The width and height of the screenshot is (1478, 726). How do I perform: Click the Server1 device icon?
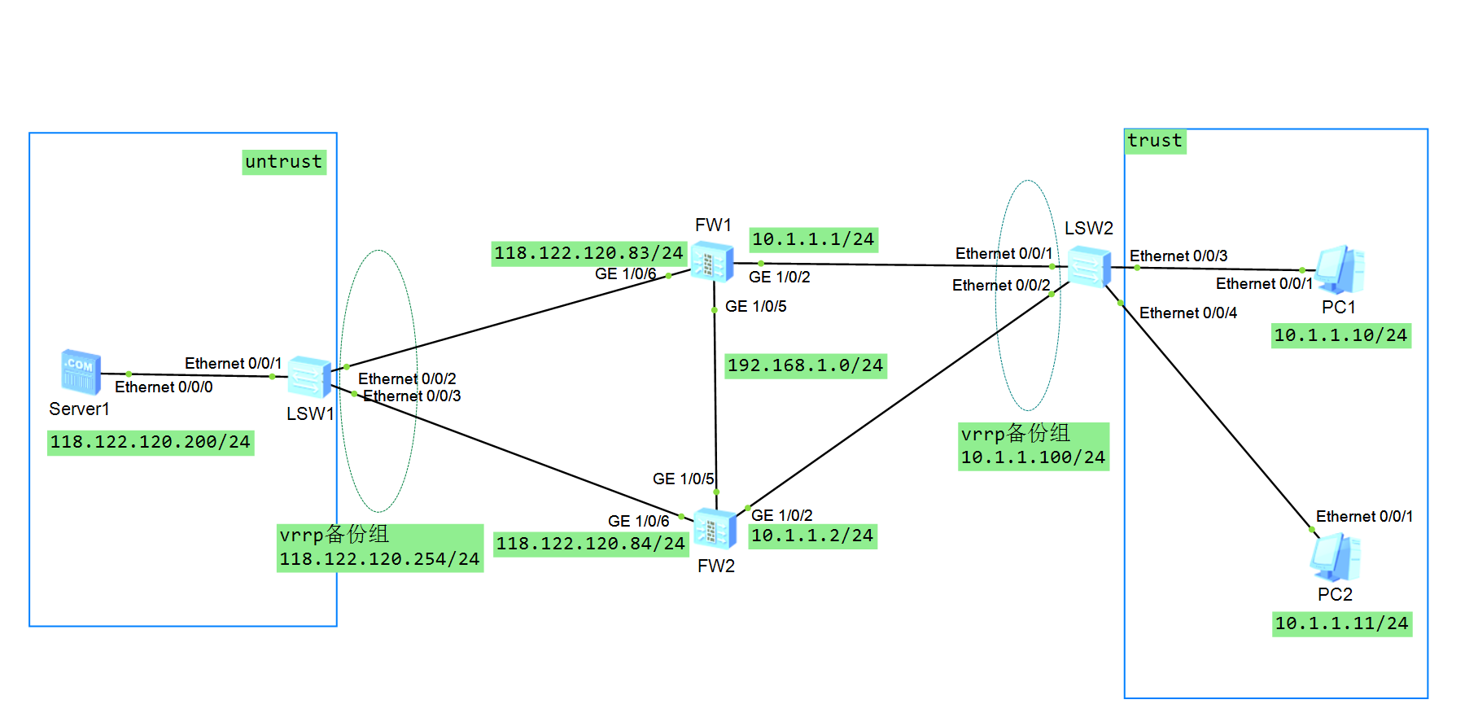pos(81,372)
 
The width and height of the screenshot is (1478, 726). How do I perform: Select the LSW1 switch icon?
pos(309,377)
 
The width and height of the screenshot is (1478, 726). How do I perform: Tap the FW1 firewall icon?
pos(712,263)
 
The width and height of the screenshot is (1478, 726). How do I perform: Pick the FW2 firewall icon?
pos(715,529)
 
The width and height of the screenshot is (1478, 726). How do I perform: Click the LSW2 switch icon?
pos(1089,266)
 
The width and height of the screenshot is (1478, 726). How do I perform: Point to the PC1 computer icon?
pos(1339,269)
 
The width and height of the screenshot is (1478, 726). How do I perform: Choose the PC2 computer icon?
pos(1335,557)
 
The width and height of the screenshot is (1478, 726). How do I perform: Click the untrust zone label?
pos(283,162)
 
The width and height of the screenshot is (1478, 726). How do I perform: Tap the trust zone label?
pos(1154,141)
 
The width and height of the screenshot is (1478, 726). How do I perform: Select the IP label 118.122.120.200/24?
pos(151,442)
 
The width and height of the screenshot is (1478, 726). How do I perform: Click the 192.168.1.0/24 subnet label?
pos(805,365)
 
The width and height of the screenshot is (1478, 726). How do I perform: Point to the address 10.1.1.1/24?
pos(813,239)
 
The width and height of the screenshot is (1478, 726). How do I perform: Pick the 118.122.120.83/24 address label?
pos(588,253)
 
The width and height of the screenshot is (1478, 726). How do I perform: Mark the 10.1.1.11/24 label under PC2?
pos(1341,623)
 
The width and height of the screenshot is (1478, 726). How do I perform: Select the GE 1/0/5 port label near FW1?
pos(755,307)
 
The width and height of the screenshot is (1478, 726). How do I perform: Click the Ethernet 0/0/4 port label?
pos(1187,313)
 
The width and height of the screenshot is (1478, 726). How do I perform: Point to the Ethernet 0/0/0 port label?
pos(164,387)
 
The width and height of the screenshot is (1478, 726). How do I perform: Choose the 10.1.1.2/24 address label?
pos(812,536)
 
